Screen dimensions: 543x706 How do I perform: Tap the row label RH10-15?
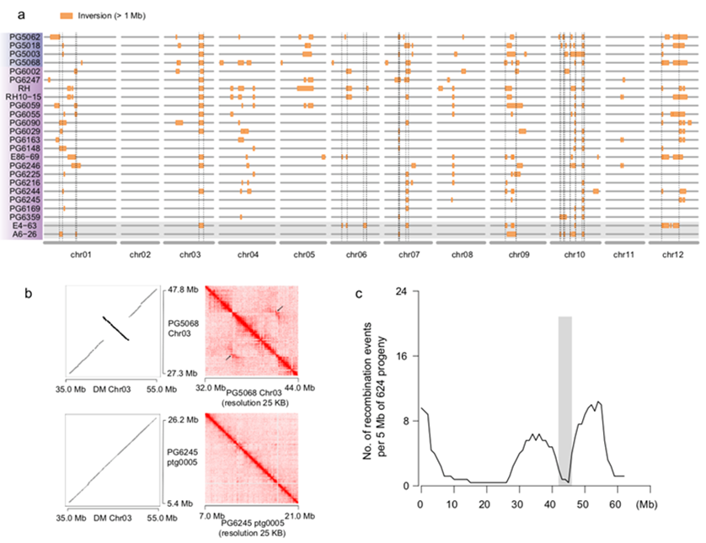pos(23,97)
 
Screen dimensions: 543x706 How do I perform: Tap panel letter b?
pos(29,294)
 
